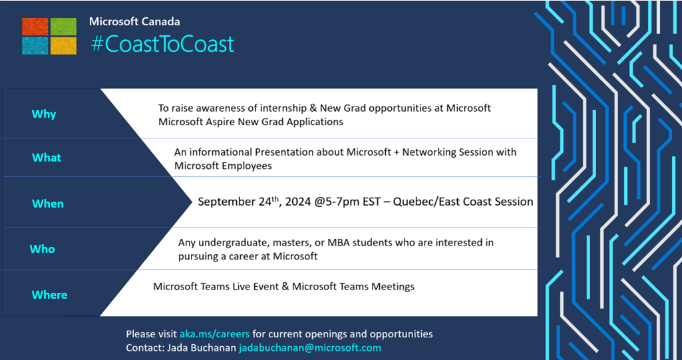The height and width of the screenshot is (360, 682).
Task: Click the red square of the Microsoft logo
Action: click(x=35, y=27)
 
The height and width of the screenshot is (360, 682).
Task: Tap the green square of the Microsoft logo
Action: click(x=63, y=27)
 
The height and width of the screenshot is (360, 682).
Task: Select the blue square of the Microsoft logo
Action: click(x=35, y=46)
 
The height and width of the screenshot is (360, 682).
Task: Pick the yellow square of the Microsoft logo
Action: click(x=63, y=46)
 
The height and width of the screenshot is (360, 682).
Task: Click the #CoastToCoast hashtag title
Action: click(x=162, y=45)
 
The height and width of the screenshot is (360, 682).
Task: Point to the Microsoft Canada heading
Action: click(x=134, y=22)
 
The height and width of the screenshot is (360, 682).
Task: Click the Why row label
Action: click(x=44, y=114)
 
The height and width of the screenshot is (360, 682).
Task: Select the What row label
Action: click(x=47, y=158)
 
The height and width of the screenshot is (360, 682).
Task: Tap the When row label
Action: click(x=48, y=204)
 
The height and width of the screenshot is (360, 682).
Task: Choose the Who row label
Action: click(x=42, y=249)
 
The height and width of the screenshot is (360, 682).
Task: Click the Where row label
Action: click(x=50, y=295)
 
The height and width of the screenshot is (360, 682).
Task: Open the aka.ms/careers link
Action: click(x=214, y=334)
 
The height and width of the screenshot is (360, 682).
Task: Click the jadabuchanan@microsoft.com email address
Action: click(x=309, y=348)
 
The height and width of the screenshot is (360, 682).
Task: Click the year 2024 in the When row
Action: click(x=298, y=202)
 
